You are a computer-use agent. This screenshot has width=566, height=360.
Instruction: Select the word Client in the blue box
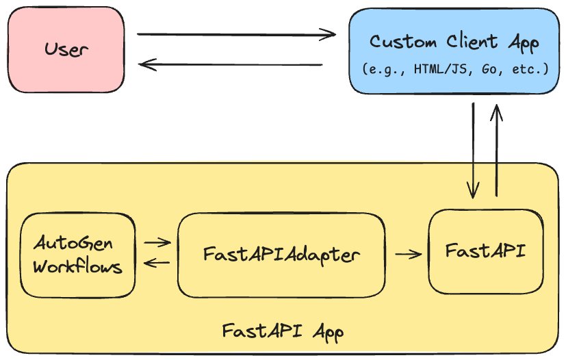pyautogui.click(x=467, y=42)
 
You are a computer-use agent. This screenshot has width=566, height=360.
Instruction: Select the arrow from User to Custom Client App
pyautogui.click(x=236, y=34)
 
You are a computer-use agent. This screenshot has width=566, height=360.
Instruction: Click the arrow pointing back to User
pyautogui.click(x=230, y=65)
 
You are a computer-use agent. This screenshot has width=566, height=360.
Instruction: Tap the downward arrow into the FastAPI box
pyautogui.click(x=472, y=151)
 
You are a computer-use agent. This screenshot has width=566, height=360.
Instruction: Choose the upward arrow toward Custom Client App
pyautogui.click(x=497, y=151)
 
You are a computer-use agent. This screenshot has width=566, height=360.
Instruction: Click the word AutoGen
pyautogui.click(x=73, y=244)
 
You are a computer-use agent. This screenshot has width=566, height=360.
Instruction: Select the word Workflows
pyautogui.click(x=77, y=266)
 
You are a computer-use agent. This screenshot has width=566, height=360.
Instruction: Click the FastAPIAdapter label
pyautogui.click(x=281, y=255)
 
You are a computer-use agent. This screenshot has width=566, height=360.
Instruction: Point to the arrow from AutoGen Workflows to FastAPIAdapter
pyautogui.click(x=157, y=242)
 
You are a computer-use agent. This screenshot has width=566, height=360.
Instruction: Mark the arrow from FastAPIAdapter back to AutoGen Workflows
pyautogui.click(x=157, y=263)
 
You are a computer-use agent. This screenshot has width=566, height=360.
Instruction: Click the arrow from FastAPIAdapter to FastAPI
pyautogui.click(x=409, y=254)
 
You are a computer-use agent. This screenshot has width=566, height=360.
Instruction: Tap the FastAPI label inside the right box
pyautogui.click(x=486, y=250)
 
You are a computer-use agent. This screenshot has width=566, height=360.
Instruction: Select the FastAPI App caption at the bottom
pyautogui.click(x=283, y=331)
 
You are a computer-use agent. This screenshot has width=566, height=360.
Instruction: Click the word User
pyautogui.click(x=66, y=49)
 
